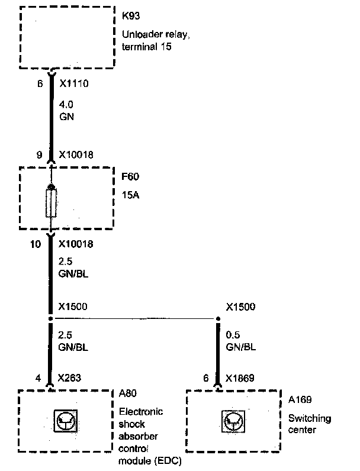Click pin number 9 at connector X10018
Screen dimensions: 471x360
(x=40, y=155)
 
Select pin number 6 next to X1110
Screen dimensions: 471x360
(x=40, y=85)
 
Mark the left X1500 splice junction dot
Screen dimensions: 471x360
(x=52, y=319)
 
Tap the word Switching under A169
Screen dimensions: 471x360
(x=310, y=419)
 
